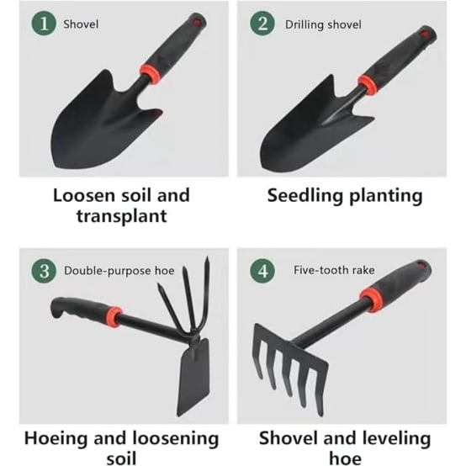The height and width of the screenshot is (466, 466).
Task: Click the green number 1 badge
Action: click(44, 24)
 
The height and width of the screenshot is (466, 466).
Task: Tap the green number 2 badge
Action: click(262, 24)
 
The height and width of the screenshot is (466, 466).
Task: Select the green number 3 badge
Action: click(44, 271)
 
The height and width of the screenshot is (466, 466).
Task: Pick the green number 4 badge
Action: click(262, 271)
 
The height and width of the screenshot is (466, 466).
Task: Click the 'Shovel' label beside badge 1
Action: click(81, 24)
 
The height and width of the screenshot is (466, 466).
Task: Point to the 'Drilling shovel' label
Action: click(323, 24)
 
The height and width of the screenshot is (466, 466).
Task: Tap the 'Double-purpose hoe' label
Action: click(119, 271)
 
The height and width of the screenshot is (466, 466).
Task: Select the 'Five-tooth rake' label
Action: click(334, 270)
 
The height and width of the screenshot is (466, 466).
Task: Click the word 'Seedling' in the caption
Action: click(305, 197)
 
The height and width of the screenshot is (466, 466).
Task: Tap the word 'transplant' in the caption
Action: click(122, 217)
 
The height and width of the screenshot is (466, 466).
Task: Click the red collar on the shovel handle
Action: click(150, 74)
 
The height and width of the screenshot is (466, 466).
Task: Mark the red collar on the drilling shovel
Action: click(368, 84)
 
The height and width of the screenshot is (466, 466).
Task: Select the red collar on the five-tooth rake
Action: click(371, 299)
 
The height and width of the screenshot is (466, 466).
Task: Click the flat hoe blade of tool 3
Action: click(193, 378)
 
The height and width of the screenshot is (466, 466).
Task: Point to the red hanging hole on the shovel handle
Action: click(198, 22)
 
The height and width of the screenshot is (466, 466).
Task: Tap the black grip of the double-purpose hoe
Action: click(80, 309)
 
